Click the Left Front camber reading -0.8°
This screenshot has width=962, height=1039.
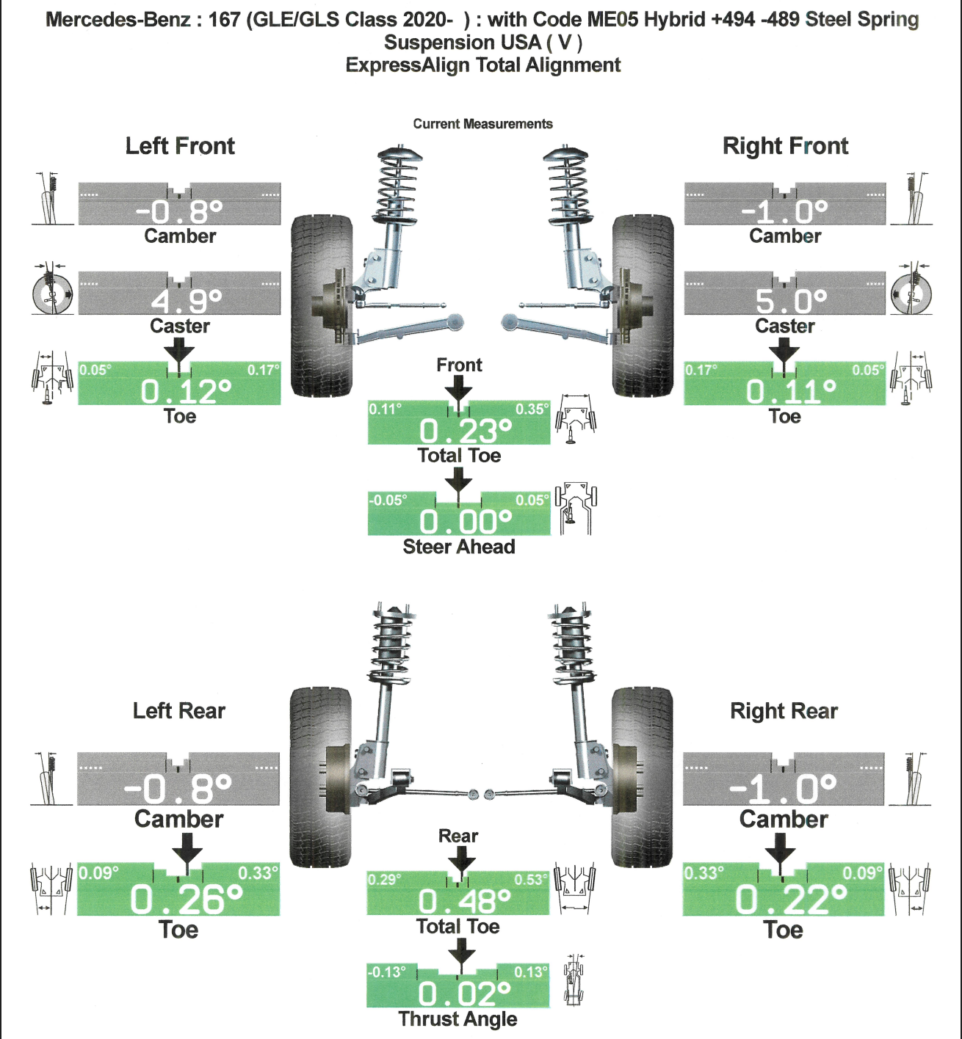179,212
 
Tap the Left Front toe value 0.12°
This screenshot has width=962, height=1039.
186,392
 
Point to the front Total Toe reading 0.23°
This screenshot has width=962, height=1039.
465,431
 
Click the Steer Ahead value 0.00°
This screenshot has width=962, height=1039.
465,522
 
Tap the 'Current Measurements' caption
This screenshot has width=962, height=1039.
482,124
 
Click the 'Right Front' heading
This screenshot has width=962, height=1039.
785,146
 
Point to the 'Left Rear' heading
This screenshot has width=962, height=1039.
178,711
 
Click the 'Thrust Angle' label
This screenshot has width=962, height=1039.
458,1019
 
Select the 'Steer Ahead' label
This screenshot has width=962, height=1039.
459,547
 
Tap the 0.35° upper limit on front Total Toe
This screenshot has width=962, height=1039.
532,409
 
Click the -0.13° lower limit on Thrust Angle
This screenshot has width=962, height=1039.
386,972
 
